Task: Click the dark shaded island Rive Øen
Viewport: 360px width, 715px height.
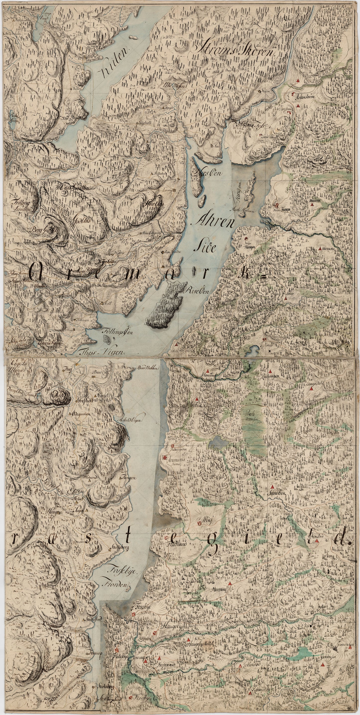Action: coord(166,305)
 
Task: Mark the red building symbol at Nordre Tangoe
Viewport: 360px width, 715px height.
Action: coord(277,205)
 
